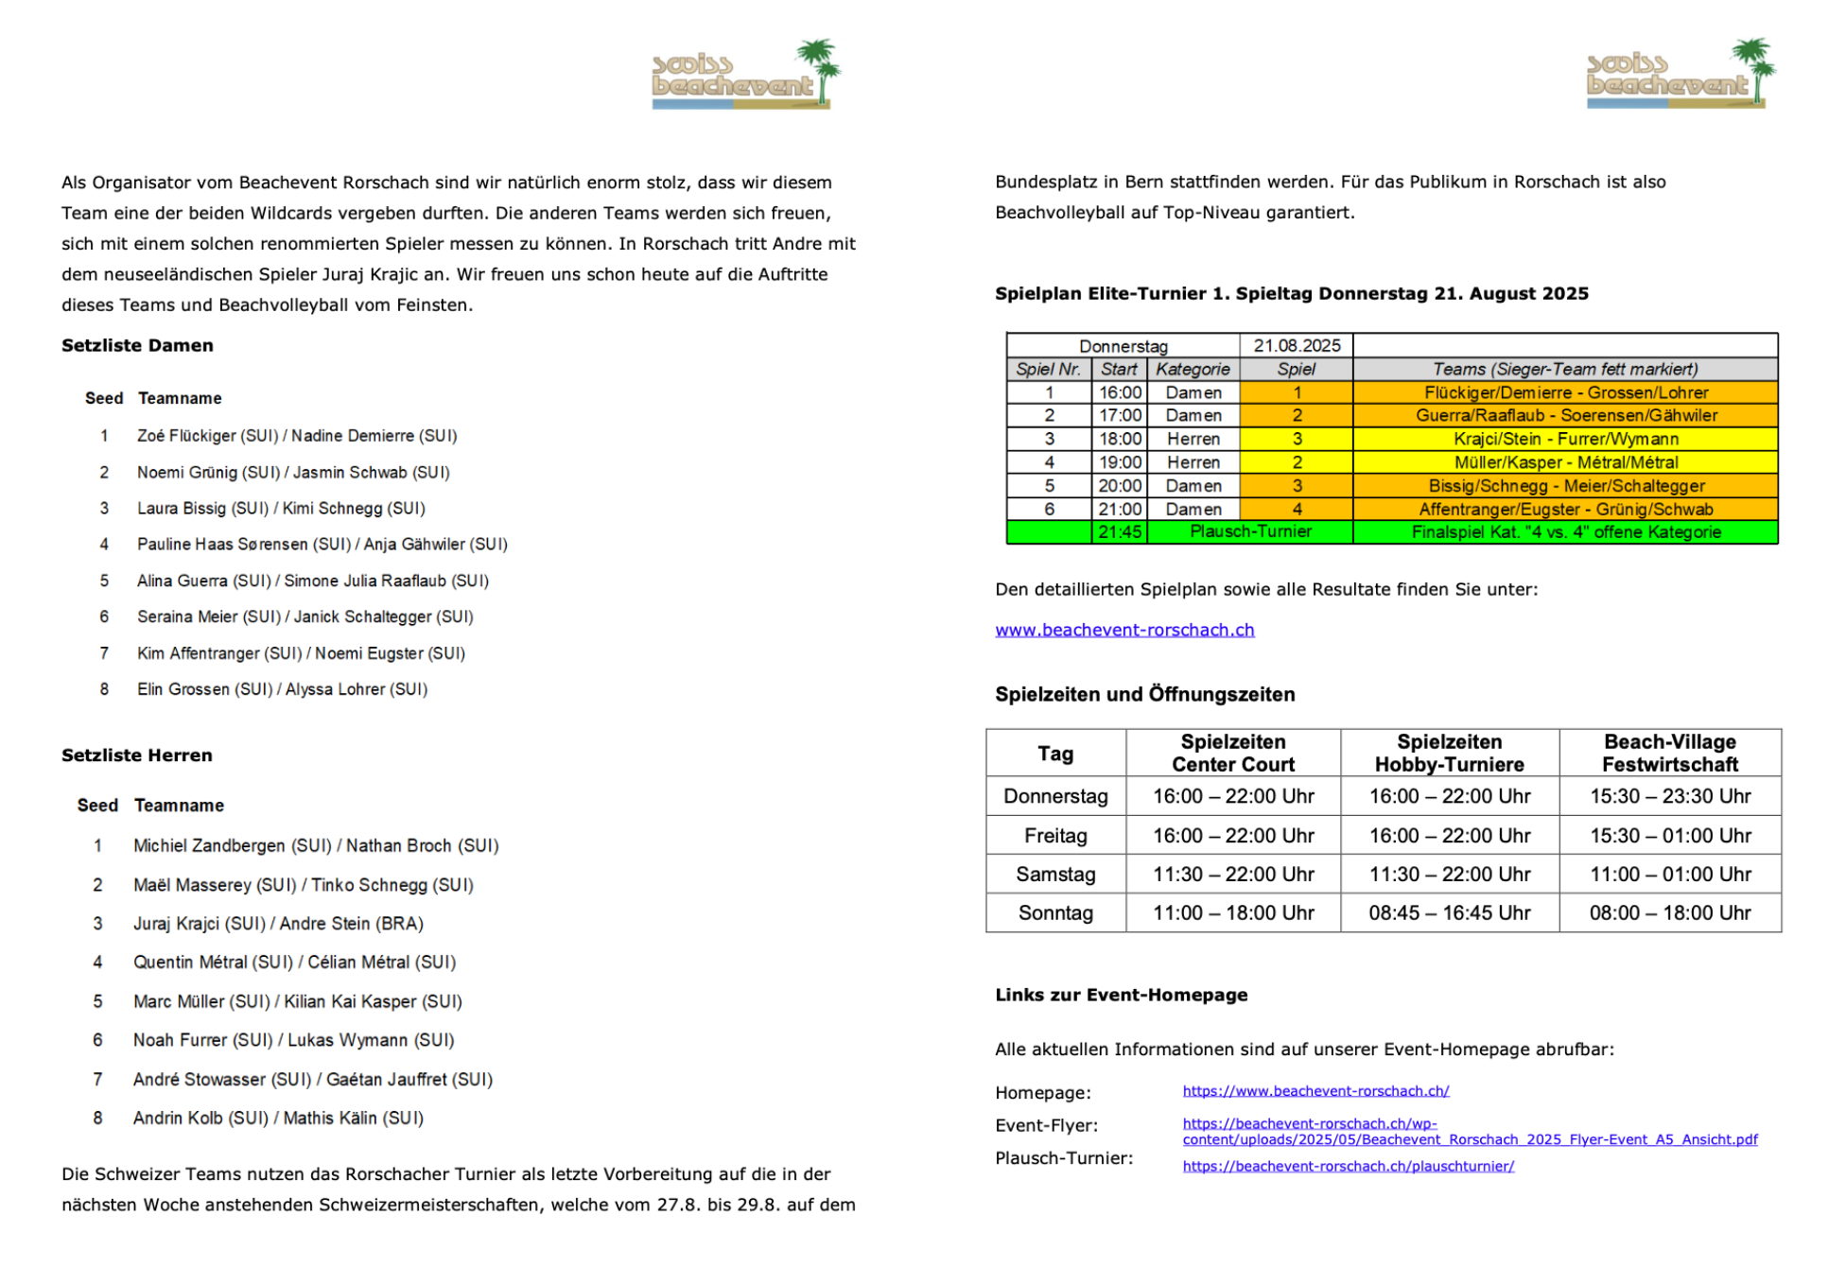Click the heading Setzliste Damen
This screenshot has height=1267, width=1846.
pos(137,346)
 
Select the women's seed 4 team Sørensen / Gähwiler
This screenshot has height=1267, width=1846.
pos(322,545)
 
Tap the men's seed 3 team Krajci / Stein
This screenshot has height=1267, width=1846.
pos(278,924)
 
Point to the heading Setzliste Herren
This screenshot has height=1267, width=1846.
pos(137,755)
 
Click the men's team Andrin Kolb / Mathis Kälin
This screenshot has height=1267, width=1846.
pos(278,1119)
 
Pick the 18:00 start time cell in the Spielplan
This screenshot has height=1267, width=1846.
pos(1120,439)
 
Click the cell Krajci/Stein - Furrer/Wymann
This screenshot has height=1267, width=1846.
pos(1565,439)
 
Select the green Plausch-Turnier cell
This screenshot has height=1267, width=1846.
pos(1249,532)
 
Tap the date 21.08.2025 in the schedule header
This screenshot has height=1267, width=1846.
pos(1297,346)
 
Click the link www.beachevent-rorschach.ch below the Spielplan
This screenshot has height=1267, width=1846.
pos(1124,630)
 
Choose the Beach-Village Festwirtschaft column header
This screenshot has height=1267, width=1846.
pos(1669,754)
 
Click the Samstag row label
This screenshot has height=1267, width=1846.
pos(1055,875)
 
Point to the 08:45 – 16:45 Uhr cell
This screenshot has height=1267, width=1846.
pos(1449,913)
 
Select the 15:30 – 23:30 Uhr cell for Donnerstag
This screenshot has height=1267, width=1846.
pos(1669,796)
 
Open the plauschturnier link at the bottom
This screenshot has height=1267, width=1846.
pos(1348,1167)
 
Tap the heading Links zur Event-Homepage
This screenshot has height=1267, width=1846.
pos(1121,995)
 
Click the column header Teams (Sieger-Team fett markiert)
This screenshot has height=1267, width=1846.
pos(1565,370)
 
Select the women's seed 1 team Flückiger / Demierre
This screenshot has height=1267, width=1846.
pos(297,436)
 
